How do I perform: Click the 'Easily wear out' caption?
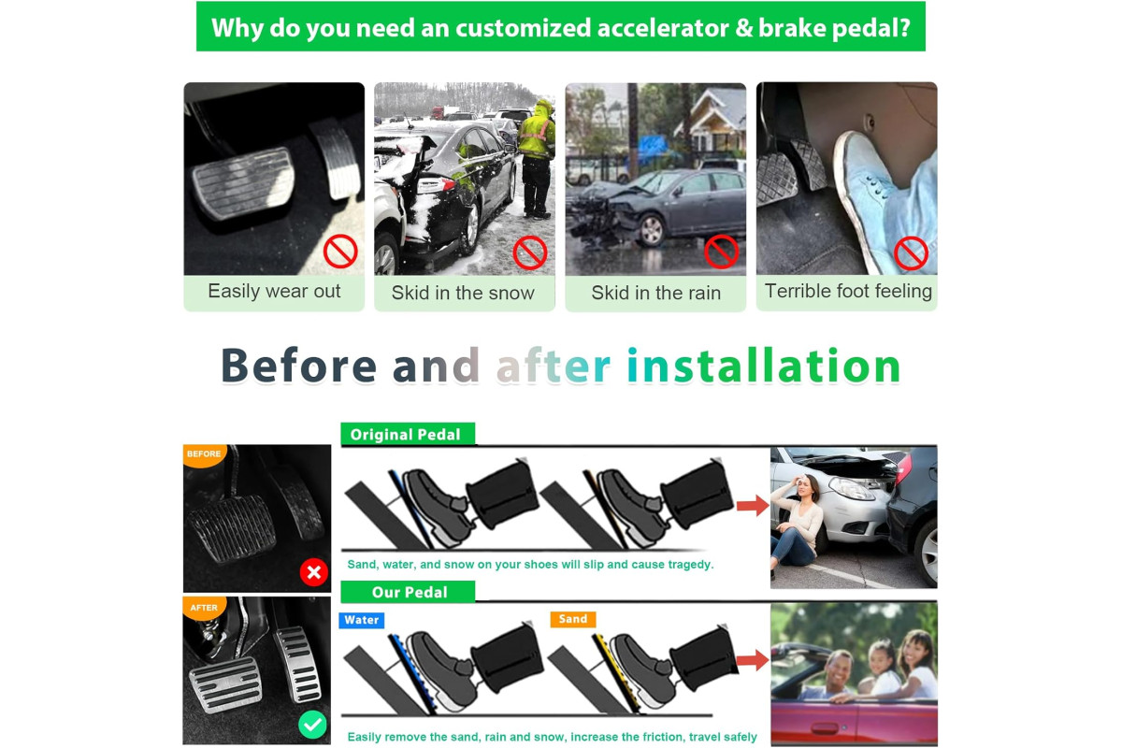coord(274,291)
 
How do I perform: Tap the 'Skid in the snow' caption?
coord(463,293)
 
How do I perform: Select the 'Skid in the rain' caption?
coord(655,293)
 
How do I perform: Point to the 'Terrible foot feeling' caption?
coord(848,291)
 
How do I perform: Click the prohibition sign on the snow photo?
coord(530,252)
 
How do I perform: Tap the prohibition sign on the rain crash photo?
coord(721,252)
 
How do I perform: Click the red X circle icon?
coord(314,572)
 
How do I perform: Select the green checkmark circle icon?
coord(312,725)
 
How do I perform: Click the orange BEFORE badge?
coord(204,455)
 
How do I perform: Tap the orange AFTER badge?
coord(204,609)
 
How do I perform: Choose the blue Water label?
coord(362,620)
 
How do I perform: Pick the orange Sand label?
coord(573,619)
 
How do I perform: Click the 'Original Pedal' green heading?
coord(408,435)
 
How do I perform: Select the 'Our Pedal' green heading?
coord(408,592)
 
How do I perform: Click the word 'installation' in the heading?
coord(763,366)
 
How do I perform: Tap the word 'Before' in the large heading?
coord(298,366)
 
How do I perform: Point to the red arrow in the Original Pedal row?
coord(753,505)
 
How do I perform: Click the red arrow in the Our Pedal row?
coord(753,660)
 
